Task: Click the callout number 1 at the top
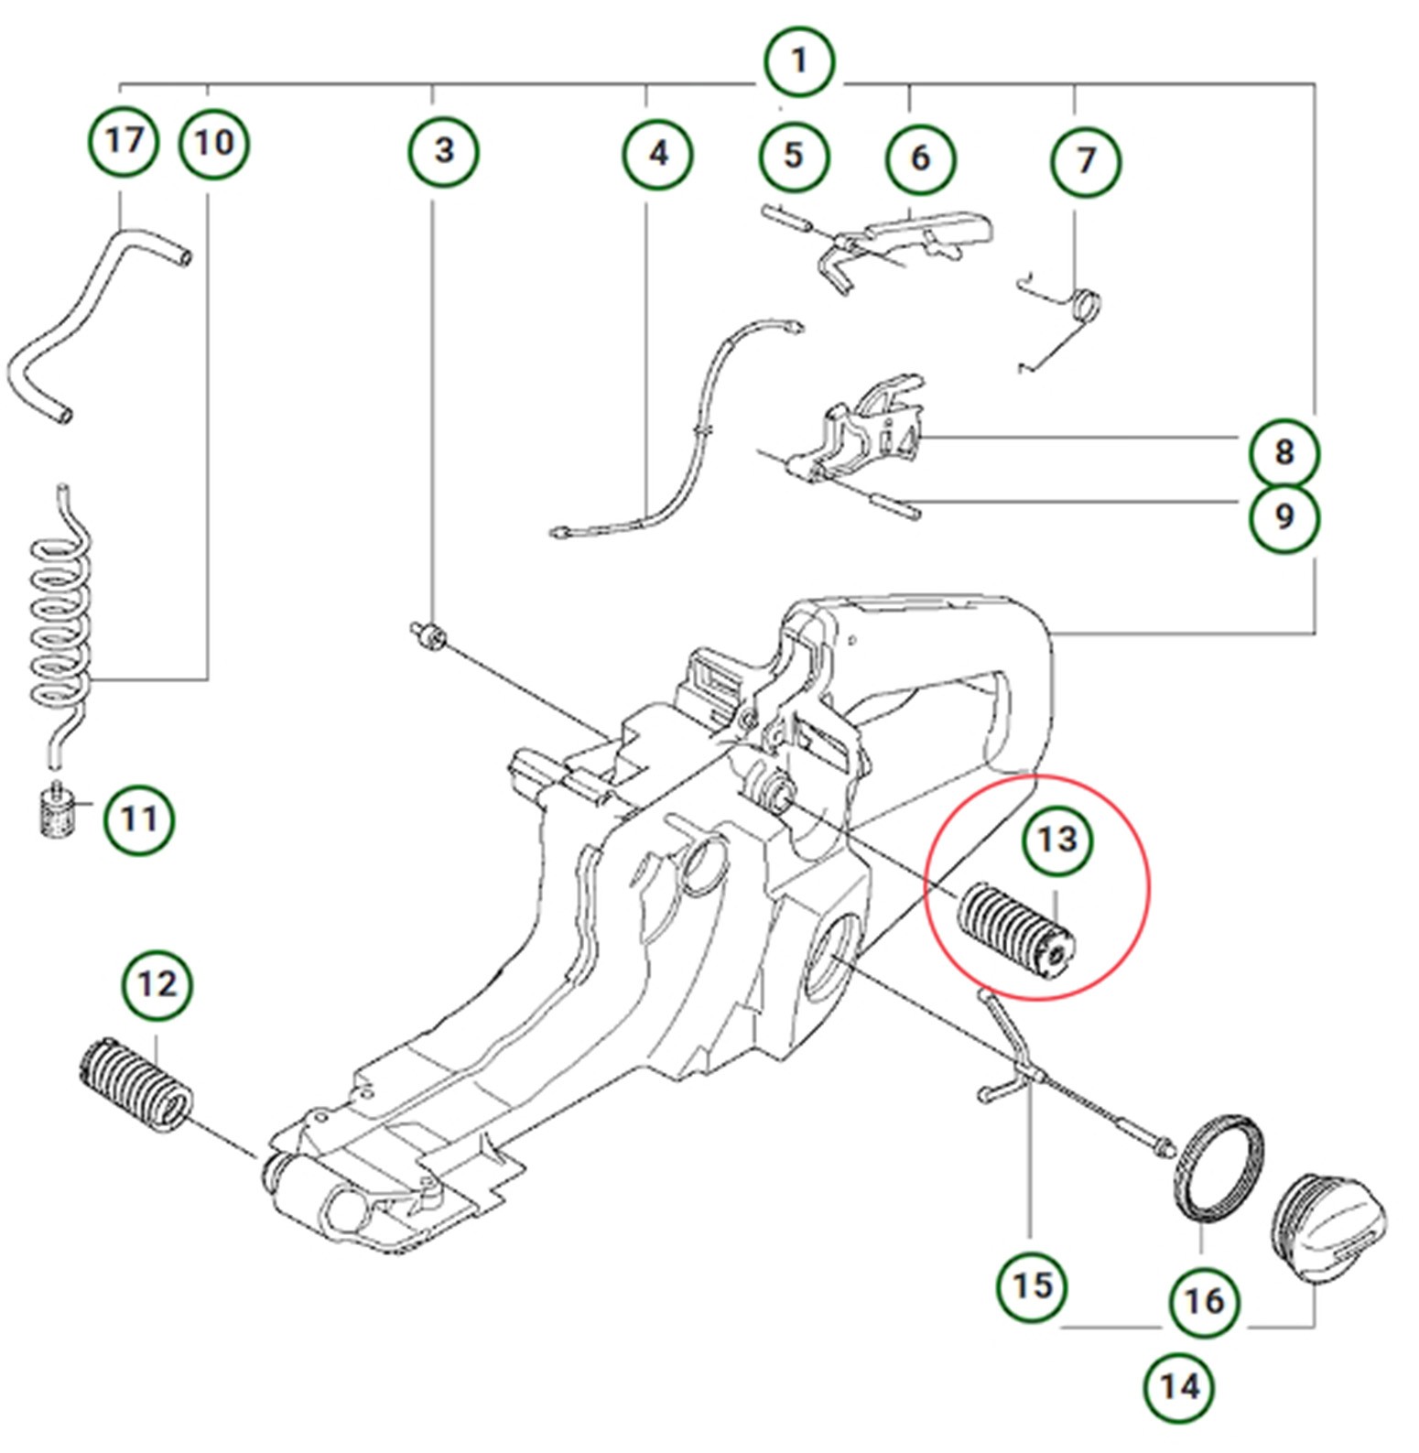[799, 62]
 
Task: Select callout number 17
[124, 142]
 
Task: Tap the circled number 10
[213, 144]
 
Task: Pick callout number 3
[443, 150]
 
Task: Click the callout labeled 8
[1284, 451]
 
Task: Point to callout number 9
[1284, 517]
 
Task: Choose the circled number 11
[138, 819]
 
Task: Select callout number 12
[157, 985]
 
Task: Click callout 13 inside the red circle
[1057, 840]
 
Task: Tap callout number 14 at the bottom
[1179, 1387]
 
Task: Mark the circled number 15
[1032, 1285]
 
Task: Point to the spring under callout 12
[136, 1084]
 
